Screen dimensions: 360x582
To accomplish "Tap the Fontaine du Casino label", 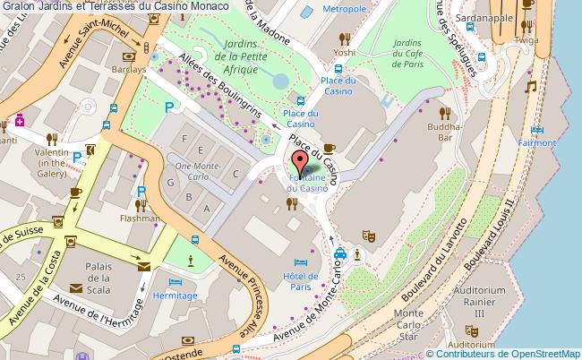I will pos(307,183).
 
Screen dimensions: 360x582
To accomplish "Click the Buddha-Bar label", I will pos(443,133).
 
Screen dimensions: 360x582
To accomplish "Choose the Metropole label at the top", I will pos(319,9).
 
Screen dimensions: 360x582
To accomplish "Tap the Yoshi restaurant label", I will pos(345,52).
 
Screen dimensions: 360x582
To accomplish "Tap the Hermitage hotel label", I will pos(174,294).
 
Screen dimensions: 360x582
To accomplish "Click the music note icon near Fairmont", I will pos(530,88).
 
